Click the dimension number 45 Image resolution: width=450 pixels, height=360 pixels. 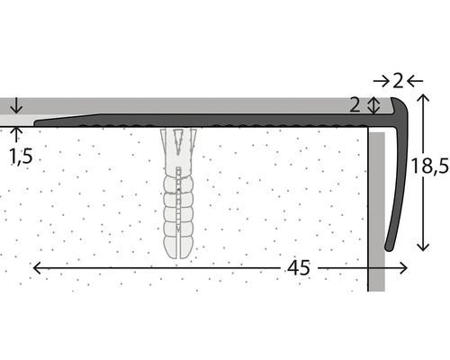coord(299,268)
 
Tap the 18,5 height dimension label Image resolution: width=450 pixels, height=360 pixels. coord(429,166)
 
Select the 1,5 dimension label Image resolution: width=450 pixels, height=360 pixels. coord(21,156)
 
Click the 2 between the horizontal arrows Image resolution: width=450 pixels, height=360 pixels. coord(398,81)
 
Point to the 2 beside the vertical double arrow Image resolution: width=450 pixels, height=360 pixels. coord(355,105)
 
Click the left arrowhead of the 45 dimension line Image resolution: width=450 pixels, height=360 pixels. coord(37,268)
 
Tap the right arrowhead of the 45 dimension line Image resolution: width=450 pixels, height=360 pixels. coord(403,268)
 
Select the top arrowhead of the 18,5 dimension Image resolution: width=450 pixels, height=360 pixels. coord(423,98)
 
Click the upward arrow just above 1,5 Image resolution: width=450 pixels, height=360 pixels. coord(17,134)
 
